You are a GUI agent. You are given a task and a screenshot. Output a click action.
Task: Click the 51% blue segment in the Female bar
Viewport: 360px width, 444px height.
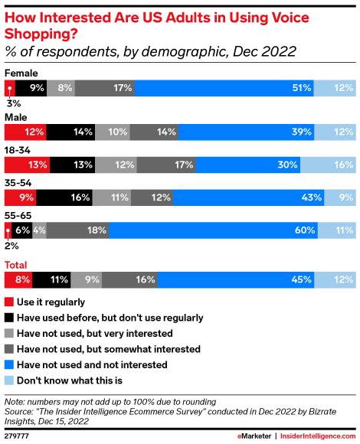224,89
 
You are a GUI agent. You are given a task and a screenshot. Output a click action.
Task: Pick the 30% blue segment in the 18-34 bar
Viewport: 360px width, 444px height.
247,165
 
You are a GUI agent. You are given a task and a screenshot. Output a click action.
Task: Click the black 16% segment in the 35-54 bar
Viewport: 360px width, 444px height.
64,198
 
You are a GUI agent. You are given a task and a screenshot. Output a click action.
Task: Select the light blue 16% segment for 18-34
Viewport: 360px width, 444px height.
328,165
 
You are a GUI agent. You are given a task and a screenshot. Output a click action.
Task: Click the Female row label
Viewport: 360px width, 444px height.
21,73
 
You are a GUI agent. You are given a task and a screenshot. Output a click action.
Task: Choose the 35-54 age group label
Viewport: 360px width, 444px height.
19,184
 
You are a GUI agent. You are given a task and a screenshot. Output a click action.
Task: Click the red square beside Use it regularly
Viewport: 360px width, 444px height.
9,302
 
